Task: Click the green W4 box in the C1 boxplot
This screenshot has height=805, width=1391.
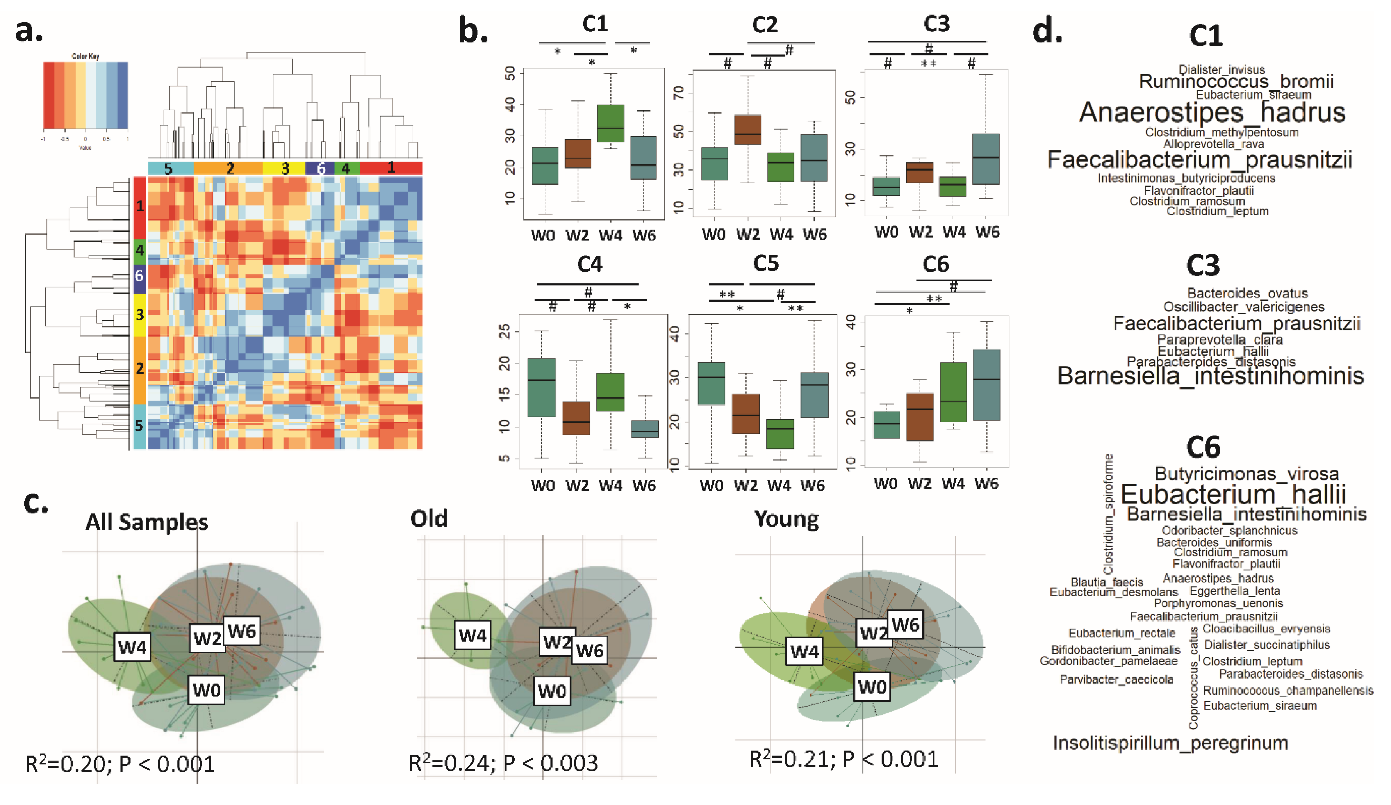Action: click(610, 123)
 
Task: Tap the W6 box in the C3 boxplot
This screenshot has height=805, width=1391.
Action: click(986, 159)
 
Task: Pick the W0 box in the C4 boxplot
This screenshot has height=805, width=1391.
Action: click(542, 387)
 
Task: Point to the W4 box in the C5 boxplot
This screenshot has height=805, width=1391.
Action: click(779, 434)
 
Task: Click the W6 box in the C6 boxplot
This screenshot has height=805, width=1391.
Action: click(986, 385)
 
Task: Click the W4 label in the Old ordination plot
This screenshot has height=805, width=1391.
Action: click(473, 635)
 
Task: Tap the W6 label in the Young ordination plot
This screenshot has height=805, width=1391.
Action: click(905, 625)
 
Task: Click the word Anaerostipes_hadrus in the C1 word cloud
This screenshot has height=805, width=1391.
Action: click(1212, 112)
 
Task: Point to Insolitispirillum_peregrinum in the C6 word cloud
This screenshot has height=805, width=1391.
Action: click(1170, 743)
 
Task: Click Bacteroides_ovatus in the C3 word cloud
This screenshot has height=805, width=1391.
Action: click(1247, 293)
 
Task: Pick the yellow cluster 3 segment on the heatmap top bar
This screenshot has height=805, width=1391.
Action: click(284, 168)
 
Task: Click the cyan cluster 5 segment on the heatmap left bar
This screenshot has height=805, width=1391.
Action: click(139, 426)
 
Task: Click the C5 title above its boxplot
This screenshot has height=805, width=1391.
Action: click(766, 264)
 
